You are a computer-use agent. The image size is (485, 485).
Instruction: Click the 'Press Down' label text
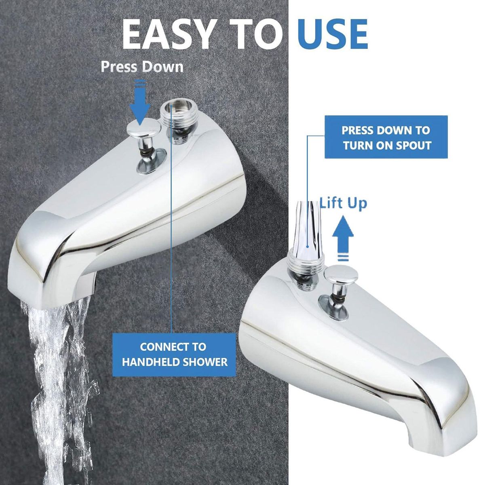pyautogui.click(x=142, y=67)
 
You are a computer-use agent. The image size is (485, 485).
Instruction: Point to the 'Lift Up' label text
pyautogui.click(x=343, y=203)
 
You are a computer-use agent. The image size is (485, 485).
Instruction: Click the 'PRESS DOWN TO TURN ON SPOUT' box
pyautogui.click(x=386, y=137)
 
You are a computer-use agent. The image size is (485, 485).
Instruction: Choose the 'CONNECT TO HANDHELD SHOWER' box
pyautogui.click(x=174, y=354)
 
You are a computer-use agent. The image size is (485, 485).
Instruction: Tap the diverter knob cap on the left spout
pyautogui.click(x=144, y=129)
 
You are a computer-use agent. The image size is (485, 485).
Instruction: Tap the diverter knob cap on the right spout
pyautogui.click(x=341, y=274)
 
